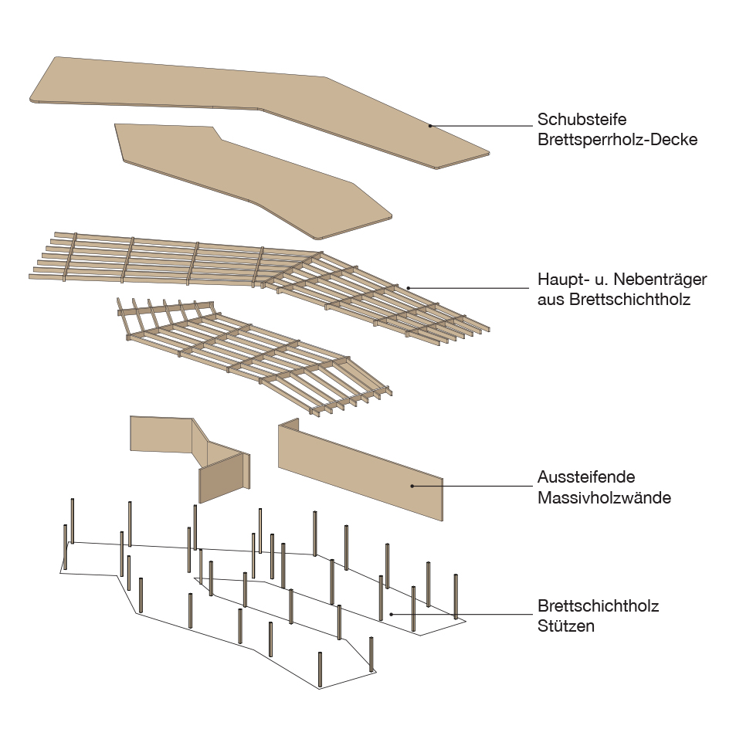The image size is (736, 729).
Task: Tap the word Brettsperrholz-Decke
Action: pos(617,141)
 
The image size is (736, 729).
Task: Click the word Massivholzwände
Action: pos(604,497)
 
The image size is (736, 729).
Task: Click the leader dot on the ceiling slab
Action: pos(430,126)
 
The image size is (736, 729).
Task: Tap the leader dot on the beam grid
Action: pos(409,288)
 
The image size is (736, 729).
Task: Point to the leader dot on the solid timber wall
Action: pos(412,486)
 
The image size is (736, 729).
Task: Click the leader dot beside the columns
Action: pos(392,615)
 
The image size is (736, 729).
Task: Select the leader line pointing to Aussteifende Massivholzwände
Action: pos(471,486)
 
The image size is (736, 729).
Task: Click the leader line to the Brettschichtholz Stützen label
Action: pos(463,615)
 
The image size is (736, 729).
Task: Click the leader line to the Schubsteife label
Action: pos(479,126)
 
